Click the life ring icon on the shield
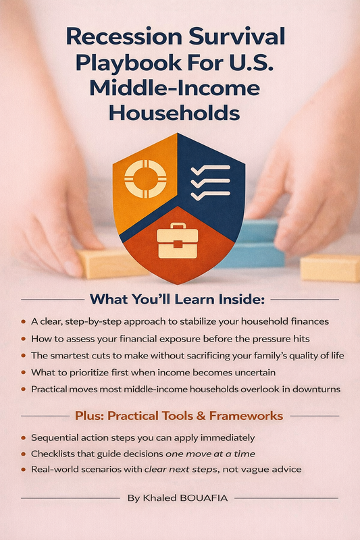coord(145,179)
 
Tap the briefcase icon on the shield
coord(178,241)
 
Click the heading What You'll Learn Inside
coord(177,299)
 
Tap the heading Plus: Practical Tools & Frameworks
coord(179,416)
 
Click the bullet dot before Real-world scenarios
coord(24,469)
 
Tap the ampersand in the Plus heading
coord(201,416)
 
